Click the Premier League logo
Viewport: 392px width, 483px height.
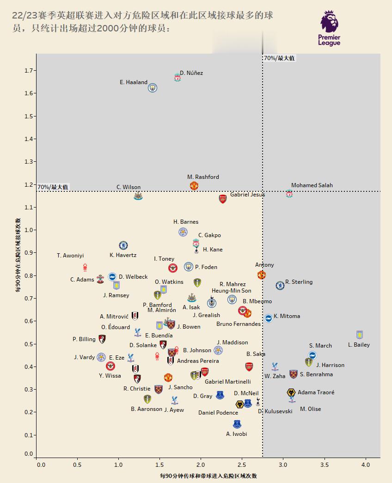330,28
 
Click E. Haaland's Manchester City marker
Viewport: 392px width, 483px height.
153,87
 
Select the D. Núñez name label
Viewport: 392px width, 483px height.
191,73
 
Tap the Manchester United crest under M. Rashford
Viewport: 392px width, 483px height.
194,186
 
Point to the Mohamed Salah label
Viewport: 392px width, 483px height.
312,185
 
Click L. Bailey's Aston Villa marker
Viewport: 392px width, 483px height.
360,335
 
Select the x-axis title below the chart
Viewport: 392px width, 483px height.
208,476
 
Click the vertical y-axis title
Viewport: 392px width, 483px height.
18,256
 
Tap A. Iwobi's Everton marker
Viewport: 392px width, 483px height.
237,424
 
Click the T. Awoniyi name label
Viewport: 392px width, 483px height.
70,256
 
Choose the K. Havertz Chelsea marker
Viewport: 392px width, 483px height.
123,245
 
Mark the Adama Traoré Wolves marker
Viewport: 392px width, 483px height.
291,392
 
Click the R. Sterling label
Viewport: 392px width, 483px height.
299,282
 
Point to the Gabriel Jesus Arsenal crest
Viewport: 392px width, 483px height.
223,199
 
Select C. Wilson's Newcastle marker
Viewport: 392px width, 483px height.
138,196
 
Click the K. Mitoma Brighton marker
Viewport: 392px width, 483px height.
268,318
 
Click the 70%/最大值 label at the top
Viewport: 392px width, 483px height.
279,58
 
